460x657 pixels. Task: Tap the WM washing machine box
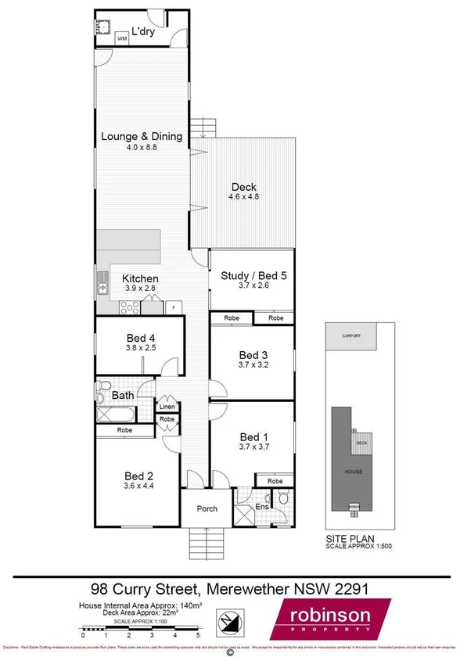122,38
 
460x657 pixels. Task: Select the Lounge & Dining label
142,136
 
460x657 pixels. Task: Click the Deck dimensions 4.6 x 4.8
244,198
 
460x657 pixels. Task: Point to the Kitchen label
141,278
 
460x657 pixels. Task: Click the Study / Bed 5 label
252,275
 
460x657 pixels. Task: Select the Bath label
123,396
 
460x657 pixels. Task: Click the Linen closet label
167,407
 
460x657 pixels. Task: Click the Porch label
207,509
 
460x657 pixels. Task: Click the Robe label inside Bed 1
274,481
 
